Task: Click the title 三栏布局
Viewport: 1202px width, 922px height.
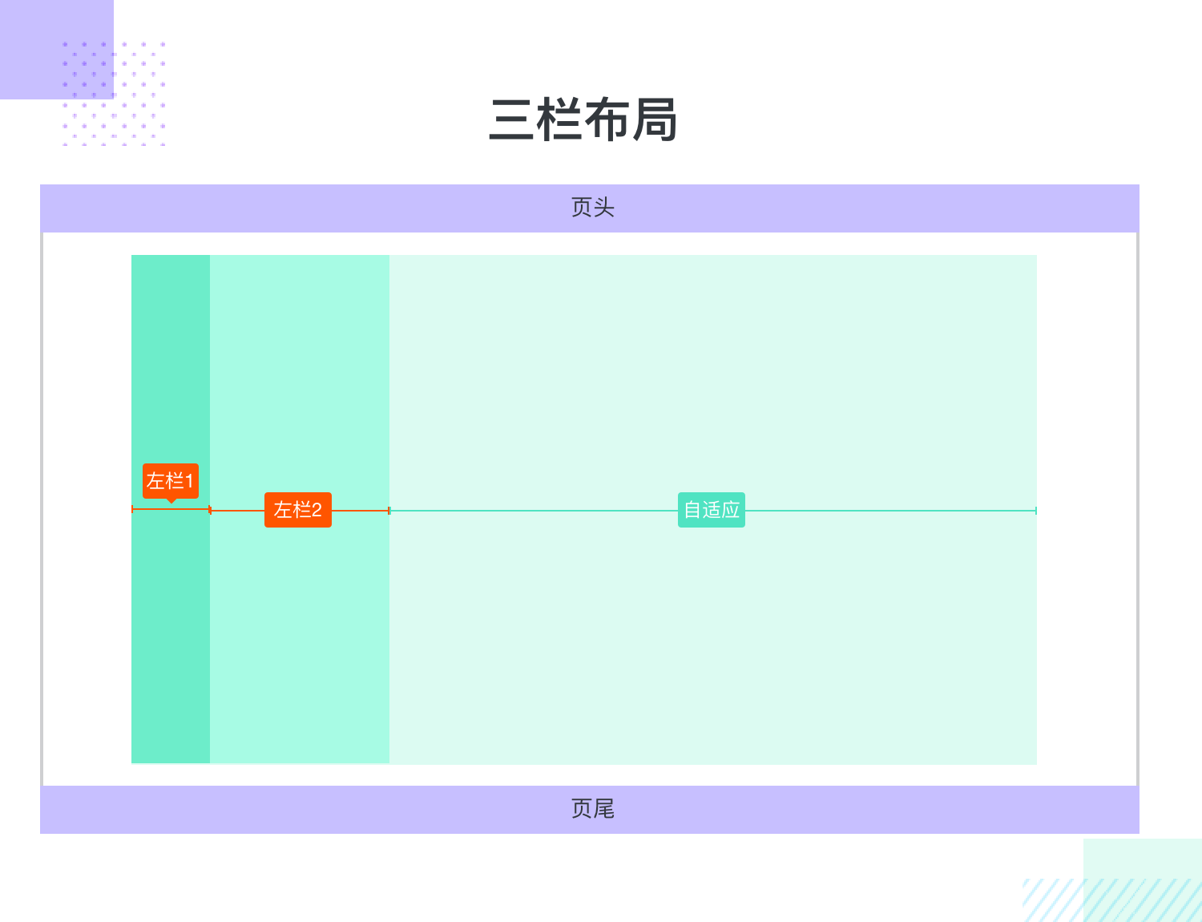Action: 583,119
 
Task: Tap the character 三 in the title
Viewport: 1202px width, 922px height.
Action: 511,120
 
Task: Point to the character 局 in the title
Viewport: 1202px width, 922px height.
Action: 655,119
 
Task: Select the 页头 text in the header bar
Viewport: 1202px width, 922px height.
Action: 592,208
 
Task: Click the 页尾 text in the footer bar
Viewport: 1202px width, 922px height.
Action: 592,808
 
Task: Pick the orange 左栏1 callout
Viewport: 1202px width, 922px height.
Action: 171,481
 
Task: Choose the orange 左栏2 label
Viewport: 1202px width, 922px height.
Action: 297,510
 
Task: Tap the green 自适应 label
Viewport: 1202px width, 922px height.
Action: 712,510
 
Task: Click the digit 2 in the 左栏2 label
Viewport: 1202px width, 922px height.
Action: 317,510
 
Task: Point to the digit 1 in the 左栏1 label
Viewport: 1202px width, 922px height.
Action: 188,481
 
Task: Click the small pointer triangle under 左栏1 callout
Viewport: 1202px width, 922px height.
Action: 171,501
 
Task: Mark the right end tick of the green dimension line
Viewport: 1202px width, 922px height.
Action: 1036,511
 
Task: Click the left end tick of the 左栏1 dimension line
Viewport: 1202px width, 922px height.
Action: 132,509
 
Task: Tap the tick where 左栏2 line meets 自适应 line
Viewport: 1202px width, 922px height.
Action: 389,511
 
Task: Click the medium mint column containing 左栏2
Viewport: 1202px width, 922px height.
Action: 300,387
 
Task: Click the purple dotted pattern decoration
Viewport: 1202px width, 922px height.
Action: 114,94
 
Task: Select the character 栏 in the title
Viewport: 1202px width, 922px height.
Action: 559,119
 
